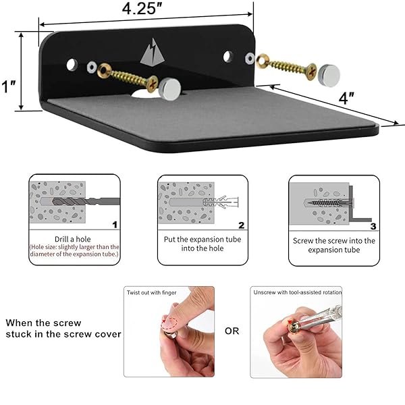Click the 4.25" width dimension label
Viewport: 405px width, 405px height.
[x=142, y=9]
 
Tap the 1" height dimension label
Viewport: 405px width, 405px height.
[x=9, y=86]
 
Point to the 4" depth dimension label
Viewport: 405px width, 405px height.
[x=346, y=98]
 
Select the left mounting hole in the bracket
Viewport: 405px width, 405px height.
[x=72, y=65]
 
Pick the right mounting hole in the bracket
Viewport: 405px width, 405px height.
[x=227, y=57]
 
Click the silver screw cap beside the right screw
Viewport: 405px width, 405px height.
[x=329, y=75]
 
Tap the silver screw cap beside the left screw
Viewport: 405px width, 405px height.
[x=169, y=89]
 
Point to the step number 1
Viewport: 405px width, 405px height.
[x=115, y=225]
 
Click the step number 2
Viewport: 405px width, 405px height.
[x=241, y=225]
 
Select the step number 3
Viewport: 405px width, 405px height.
[x=373, y=226]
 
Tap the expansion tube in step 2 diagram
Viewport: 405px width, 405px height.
[x=220, y=202]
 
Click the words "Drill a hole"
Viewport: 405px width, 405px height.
[x=73, y=239]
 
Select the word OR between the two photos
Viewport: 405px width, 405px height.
[x=232, y=331]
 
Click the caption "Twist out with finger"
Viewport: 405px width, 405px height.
[x=151, y=293]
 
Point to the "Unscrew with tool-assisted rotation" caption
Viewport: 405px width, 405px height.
[x=297, y=292]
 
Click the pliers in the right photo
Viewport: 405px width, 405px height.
[x=320, y=318]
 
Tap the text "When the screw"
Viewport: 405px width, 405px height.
[x=43, y=323]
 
